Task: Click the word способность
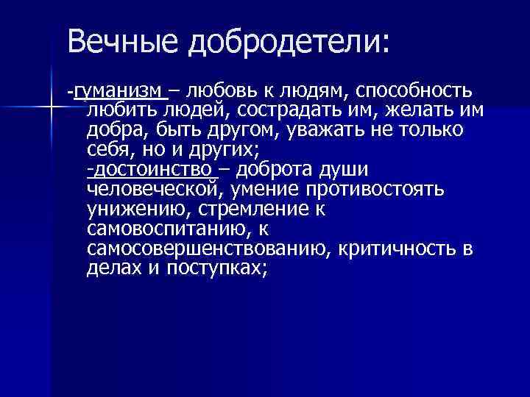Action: click(x=414, y=91)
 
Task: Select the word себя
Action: click(x=106, y=151)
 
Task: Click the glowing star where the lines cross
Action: click(x=51, y=108)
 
